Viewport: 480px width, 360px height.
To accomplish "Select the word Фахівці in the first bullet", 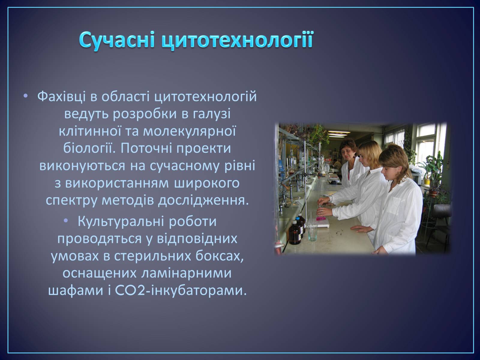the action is [x=61, y=97].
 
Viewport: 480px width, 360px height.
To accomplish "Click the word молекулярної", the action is [x=190, y=131].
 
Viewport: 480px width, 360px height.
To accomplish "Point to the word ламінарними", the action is [x=186, y=273].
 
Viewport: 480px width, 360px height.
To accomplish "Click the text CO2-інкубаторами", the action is [x=181, y=291].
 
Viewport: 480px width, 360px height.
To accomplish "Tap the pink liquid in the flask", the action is [x=320, y=218].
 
